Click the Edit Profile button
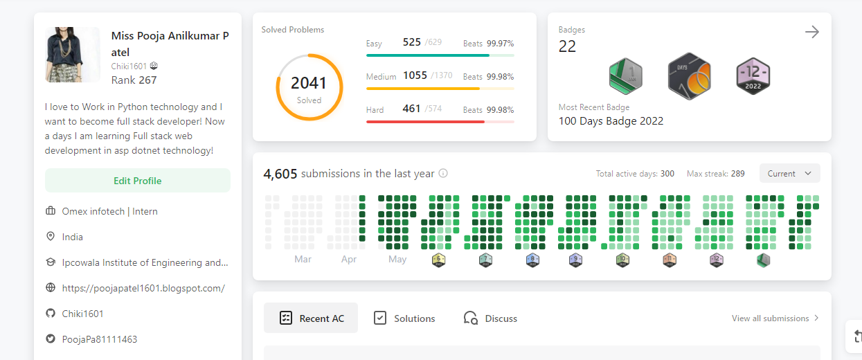coord(137,181)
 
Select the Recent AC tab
coord(311,318)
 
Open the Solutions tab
coord(404,318)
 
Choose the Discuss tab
coord(490,318)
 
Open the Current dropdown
coord(789,174)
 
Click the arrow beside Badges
coord(812,32)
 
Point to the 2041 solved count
coord(309,84)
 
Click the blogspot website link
coord(143,288)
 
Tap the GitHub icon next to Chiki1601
coord(50,314)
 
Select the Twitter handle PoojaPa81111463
coord(100,339)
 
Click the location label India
coord(73,237)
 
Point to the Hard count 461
coord(411,109)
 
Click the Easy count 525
coord(411,42)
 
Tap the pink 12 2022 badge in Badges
coord(753,76)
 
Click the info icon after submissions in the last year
coord(443,174)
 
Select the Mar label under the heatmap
coord(303,260)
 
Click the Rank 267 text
coord(134,80)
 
